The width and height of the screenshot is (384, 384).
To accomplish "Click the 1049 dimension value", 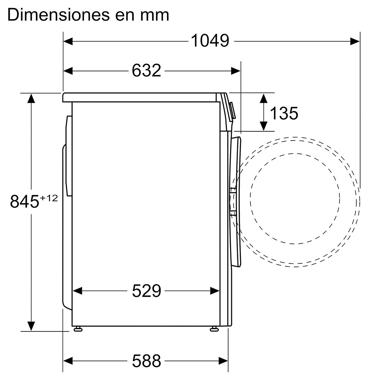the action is coord(210,41).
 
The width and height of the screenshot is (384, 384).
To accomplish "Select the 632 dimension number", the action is coord(146,71).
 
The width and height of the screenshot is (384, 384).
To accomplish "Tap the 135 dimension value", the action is coord(284,113).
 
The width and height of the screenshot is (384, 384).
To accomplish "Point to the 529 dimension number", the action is coord(146,291).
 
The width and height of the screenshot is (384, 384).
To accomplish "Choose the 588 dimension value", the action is coord(146,361).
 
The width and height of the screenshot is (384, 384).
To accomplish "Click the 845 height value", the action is coord(25,201).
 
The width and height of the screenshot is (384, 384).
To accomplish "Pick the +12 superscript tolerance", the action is coord(49,198).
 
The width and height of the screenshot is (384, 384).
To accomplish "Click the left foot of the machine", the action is coord(78,329).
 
